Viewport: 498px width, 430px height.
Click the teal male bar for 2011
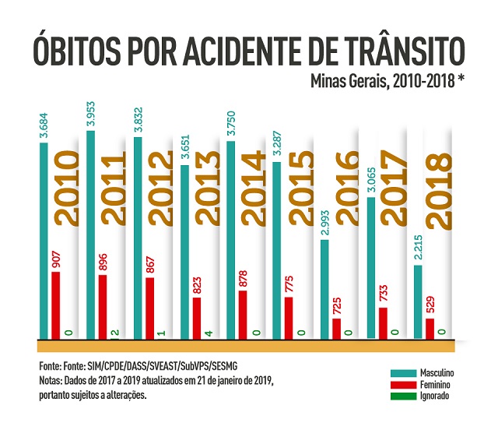(91, 234)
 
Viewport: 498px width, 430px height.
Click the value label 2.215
(418, 250)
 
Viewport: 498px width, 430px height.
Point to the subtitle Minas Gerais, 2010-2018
(387, 80)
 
